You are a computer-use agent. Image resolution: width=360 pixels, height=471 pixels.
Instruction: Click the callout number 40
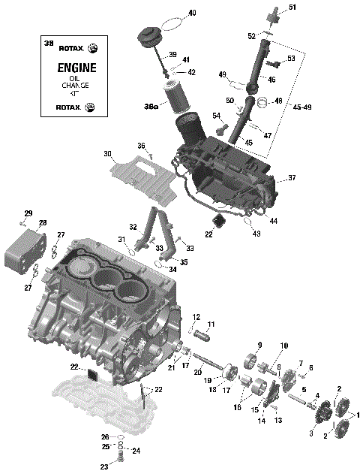[192, 14]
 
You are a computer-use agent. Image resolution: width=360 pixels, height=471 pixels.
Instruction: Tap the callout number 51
[292, 8]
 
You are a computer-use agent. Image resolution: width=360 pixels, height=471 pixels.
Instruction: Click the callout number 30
[108, 155]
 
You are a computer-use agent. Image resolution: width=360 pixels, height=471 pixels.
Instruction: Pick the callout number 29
[28, 213]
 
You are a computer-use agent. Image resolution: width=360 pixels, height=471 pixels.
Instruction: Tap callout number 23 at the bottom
[104, 466]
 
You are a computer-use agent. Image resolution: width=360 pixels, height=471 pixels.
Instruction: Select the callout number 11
[211, 324]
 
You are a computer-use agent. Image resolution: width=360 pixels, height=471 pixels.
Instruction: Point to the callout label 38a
[151, 107]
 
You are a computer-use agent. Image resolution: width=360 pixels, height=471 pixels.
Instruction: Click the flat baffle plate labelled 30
[147, 174]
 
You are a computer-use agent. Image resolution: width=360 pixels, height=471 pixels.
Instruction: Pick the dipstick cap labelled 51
[274, 11]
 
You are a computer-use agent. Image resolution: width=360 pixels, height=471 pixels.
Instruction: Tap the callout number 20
[199, 372]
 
